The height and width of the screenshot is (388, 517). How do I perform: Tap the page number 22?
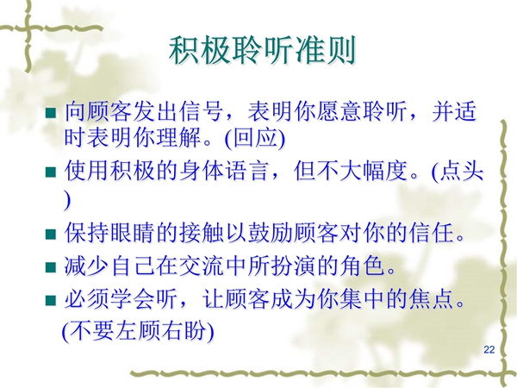489,350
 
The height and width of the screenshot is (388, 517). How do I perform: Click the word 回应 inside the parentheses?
254,137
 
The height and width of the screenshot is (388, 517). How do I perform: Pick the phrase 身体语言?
224,171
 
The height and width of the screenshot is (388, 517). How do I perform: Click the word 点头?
462,171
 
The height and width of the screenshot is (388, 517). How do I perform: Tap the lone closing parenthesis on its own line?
67,201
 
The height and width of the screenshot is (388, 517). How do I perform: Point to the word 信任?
430,234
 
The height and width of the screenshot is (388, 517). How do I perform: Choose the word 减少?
86,266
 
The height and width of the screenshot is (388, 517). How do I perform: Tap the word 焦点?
430,299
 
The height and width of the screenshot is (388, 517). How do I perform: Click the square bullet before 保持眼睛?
51,235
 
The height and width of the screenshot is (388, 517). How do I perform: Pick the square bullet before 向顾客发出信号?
51,112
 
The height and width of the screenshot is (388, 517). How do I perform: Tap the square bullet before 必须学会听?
51,300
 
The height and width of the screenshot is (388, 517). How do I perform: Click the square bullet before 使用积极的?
51,172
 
